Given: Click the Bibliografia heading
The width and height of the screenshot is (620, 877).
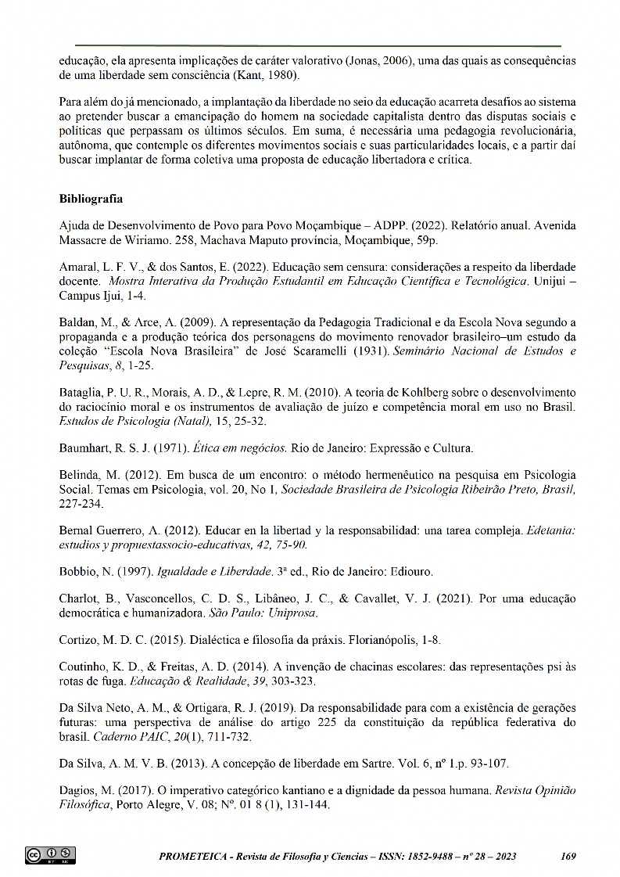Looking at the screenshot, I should pos(90,198).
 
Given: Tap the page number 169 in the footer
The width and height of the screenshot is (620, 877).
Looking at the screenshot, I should pos(568,856).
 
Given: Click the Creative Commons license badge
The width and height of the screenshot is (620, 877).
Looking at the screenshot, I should pos(50,855).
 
